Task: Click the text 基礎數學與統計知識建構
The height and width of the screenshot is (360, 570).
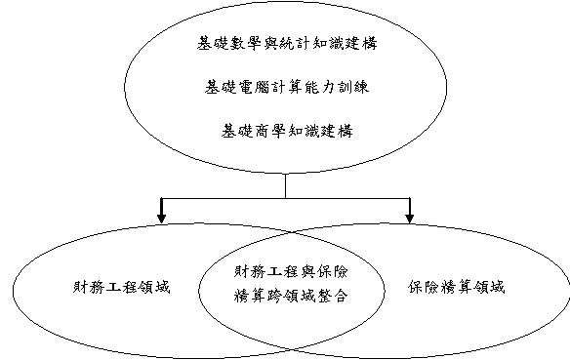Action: [x=285, y=44]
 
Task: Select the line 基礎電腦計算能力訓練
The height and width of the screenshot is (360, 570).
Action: [x=285, y=86]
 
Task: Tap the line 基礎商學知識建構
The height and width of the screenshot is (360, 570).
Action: [x=285, y=128]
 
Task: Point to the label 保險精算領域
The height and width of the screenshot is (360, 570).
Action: [x=459, y=289]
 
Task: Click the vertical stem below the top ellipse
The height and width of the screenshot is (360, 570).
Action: [x=285, y=185]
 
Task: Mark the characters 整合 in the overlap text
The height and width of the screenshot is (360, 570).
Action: [x=337, y=294]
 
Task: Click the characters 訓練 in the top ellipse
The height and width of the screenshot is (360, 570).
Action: [x=352, y=86]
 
